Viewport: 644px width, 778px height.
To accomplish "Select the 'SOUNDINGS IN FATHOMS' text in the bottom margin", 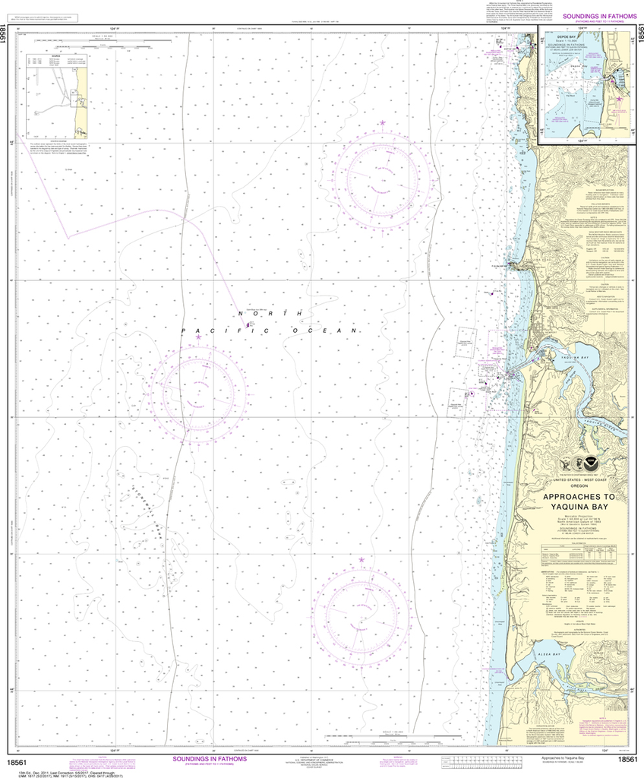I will point(210,758).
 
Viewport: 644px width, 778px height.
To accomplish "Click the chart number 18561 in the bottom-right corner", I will point(627,760).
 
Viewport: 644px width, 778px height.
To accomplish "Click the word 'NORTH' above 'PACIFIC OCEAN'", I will point(270,313).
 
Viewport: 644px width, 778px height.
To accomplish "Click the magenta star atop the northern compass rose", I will point(383,122).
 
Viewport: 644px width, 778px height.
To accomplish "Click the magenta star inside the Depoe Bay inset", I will point(619,99).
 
